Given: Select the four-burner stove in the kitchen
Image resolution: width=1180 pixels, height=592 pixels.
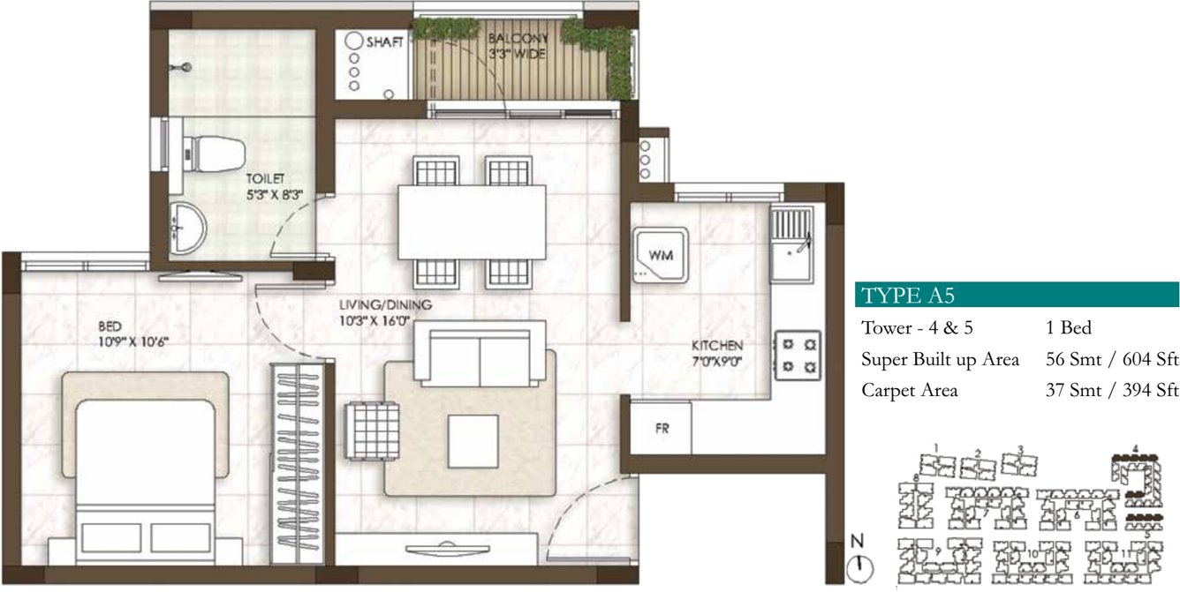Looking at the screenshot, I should click(797, 355).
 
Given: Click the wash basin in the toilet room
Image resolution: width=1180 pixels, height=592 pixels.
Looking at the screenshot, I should click(187, 228).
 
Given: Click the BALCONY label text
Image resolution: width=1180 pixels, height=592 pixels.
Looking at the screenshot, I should click(519, 39).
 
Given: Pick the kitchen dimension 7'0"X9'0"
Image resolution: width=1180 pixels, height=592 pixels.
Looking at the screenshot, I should click(716, 360).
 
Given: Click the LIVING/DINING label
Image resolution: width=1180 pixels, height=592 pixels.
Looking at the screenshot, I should click(386, 305).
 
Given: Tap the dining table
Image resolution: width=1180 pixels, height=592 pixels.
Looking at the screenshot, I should click(472, 221).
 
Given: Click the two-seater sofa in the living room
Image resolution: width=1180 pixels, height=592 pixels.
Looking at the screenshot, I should click(480, 353).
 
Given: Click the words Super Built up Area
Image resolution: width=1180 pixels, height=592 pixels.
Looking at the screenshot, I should click(940, 359).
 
